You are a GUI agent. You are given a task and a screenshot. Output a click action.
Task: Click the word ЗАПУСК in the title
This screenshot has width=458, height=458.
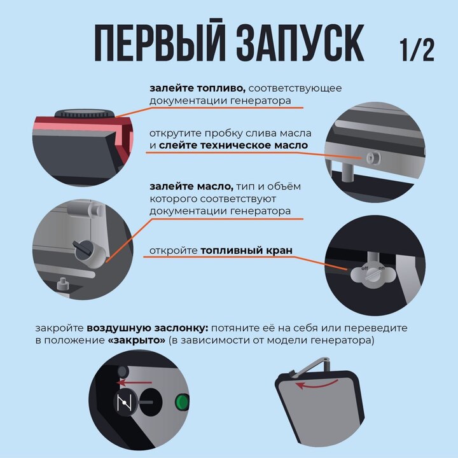pyautogui.click(x=300, y=43)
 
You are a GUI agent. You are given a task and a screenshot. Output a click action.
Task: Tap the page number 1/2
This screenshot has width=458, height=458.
pyautogui.click(x=417, y=50)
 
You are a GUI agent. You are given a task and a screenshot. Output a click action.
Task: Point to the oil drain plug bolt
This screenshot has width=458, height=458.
pyautogui.click(x=373, y=158)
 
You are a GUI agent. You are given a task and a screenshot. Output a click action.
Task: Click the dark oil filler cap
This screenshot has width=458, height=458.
pyautogui.click(x=84, y=251)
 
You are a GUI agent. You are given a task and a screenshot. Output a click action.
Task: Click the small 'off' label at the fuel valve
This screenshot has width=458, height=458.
pyautogui.click(x=365, y=268)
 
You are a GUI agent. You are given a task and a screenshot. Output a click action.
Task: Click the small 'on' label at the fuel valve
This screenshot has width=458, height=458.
pyautogui.click(x=382, y=268)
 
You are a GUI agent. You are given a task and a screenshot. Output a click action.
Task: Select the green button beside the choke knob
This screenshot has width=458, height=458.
pyautogui.click(x=182, y=402)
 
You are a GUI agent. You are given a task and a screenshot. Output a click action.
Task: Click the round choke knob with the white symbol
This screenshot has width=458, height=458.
pyautogui.click(x=126, y=402)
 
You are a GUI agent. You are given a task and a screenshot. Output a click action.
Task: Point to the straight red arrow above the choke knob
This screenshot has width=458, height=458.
pyautogui.click(x=134, y=382)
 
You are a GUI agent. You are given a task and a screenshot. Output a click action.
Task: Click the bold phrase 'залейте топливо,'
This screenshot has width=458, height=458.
pyautogui.click(x=197, y=88)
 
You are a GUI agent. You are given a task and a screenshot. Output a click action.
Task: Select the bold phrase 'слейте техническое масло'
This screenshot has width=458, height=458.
pyautogui.click(x=233, y=145)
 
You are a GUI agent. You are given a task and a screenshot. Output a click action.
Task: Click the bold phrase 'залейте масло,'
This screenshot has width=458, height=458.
pyautogui.click(x=191, y=186)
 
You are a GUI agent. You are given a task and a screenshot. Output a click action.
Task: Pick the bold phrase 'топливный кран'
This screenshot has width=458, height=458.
pyautogui.click(x=247, y=251)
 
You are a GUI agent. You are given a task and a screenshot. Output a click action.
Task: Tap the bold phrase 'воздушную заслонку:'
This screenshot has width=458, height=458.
pyautogui.click(x=148, y=328)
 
